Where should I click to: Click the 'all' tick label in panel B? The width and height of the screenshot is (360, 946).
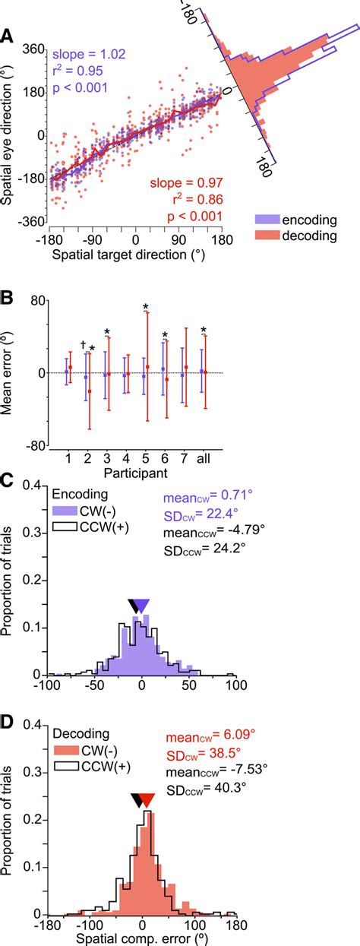pos(204,459)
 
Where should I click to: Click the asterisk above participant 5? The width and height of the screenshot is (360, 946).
pos(145,308)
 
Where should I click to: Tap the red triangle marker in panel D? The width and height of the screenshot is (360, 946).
pos(147,815)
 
